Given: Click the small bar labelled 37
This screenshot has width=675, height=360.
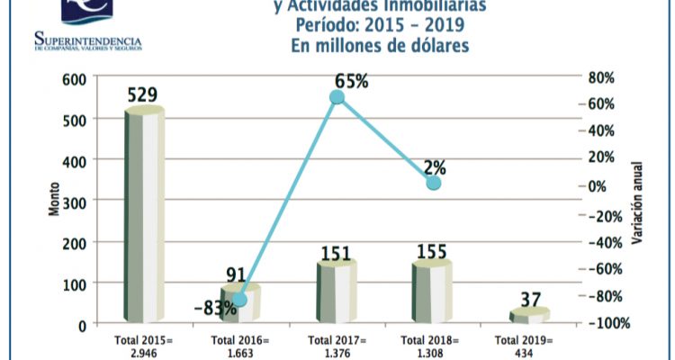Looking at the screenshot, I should click(x=529, y=315).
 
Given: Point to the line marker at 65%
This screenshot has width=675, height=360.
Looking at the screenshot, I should click(x=337, y=97).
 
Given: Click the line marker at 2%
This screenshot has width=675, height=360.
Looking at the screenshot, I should click(x=433, y=183).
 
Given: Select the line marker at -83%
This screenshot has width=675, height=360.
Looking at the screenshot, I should click(x=240, y=300).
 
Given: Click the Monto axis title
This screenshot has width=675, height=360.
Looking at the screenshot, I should click(x=52, y=200).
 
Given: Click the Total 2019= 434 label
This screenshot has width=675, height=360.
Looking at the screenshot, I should click(x=530, y=346).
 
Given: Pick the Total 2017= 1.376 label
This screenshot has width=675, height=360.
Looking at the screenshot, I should click(x=337, y=346).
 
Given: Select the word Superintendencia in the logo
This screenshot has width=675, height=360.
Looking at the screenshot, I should click(x=87, y=40).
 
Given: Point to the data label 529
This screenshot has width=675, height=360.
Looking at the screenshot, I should click(x=146, y=93).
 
